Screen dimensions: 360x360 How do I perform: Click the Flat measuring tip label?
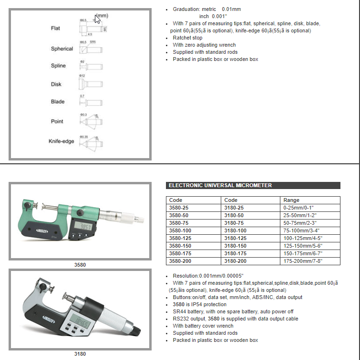tap(55, 29)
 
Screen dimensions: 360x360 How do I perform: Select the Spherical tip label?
tap(62, 49)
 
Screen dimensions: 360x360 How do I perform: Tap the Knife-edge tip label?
tap(61, 141)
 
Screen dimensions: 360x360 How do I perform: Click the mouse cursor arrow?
tap(97, 19)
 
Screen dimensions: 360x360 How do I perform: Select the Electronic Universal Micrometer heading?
tap(220, 185)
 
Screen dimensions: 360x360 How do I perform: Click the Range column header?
tap(291, 200)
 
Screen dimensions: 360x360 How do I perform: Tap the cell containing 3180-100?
tap(235, 230)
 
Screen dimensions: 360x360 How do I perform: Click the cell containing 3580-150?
tap(180, 246)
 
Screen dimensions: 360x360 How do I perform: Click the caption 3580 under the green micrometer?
tap(80, 264)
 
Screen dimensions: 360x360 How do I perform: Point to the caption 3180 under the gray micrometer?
tap(80, 354)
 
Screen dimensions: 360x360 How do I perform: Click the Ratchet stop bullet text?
tap(187, 38)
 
